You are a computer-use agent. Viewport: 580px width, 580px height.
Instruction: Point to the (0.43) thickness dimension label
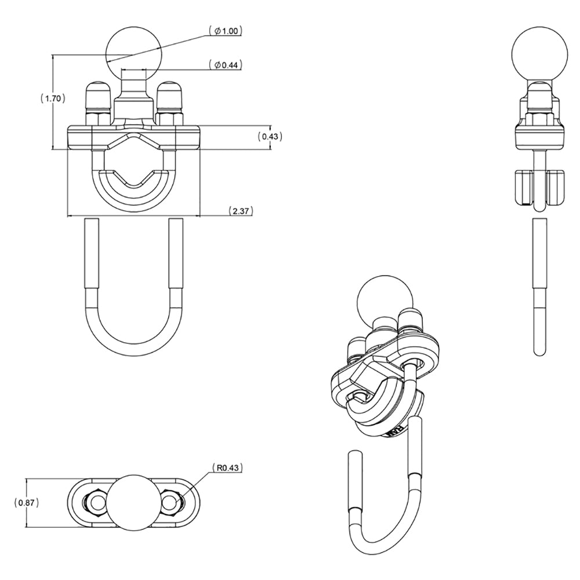tap(269, 136)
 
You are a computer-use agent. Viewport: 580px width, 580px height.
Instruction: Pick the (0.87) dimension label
tap(27, 503)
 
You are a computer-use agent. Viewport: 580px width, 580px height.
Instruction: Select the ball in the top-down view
tap(134, 503)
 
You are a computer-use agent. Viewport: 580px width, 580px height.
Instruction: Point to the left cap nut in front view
tap(99, 99)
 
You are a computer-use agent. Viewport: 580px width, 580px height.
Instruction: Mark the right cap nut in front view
tap(169, 99)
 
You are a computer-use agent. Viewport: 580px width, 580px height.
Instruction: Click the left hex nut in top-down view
tap(96, 503)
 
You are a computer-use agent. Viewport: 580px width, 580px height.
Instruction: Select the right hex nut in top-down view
tap(171, 503)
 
